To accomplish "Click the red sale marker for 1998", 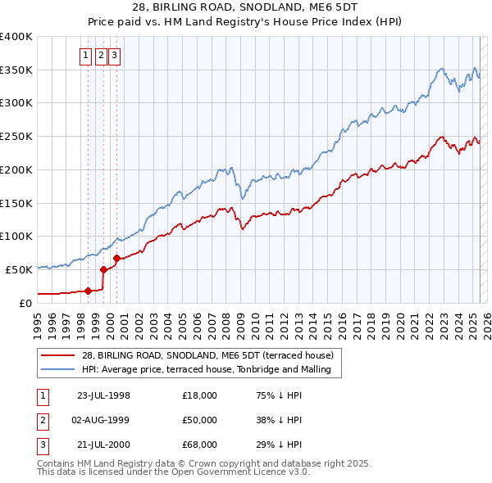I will (88, 290).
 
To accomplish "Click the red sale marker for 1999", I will (103, 269).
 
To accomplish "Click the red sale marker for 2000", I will (116, 258).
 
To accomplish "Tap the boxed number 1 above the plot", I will (85, 56).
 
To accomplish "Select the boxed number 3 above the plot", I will (114, 56).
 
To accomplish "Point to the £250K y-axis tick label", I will (16, 136).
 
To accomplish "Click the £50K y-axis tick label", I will (20, 269).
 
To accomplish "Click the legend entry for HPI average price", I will (205, 369).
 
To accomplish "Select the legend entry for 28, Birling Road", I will (207, 356).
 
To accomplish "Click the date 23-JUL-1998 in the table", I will (103, 395).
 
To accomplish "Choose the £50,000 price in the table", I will (200, 420).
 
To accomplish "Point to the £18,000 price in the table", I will (200, 395).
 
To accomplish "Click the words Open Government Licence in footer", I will (232, 472).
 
